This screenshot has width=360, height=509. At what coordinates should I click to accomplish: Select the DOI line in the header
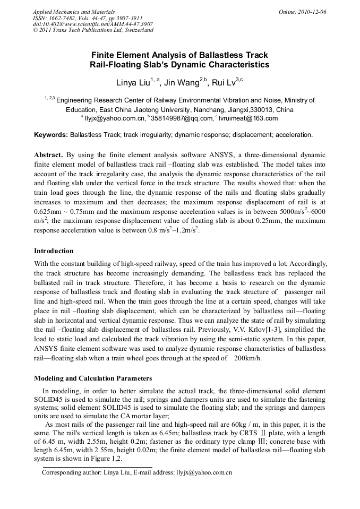point(93,24)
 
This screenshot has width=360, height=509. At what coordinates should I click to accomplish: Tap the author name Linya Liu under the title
point(133,83)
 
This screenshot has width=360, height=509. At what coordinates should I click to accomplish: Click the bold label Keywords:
point(51,135)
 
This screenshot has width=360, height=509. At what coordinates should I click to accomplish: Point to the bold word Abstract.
point(48,155)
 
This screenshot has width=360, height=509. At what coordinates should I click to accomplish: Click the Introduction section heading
point(54,251)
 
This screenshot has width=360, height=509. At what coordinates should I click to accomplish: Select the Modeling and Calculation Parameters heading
point(93,378)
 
